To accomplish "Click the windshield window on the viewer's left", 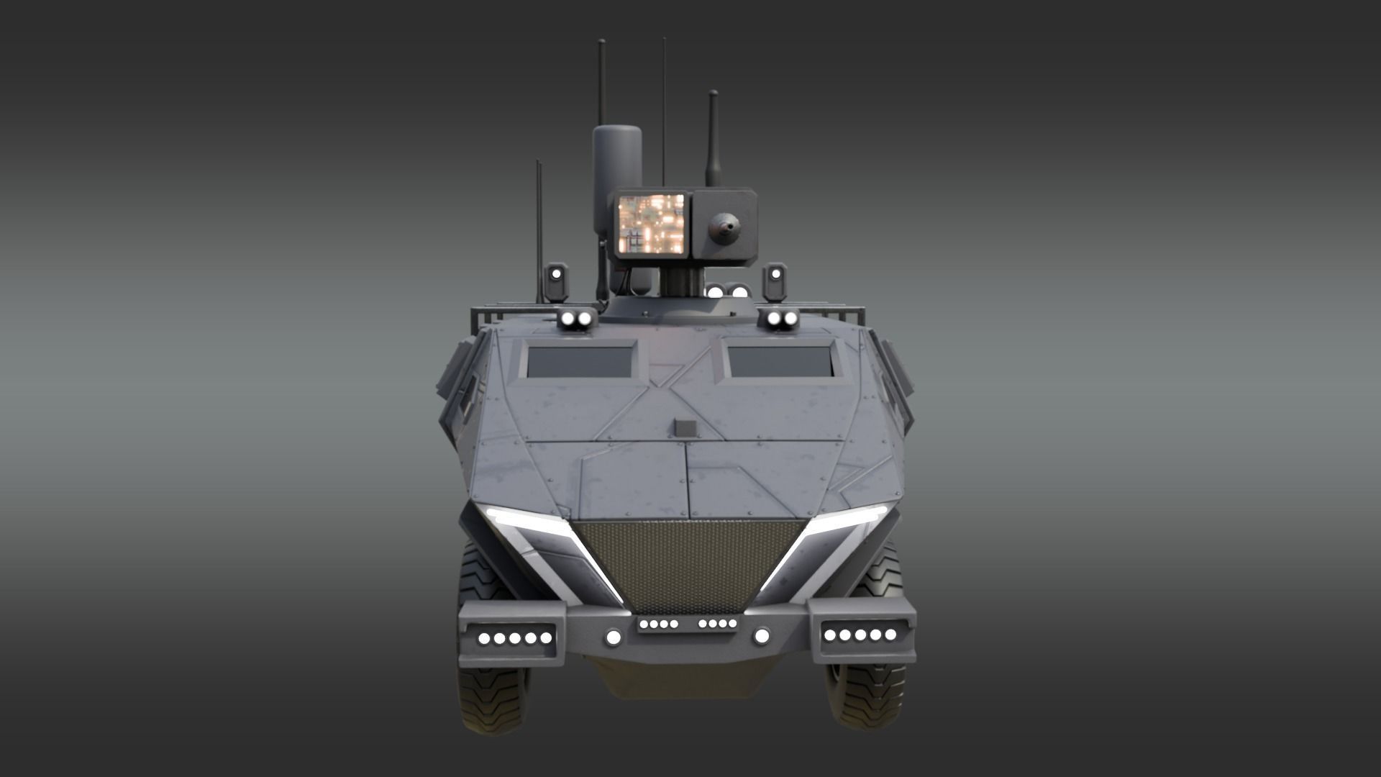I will point(581,361).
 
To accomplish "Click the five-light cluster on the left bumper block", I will point(515,638).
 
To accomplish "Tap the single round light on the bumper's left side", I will point(613,637).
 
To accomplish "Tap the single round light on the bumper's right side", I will point(762,635).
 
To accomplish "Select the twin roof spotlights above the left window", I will point(578,319).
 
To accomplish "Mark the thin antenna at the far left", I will point(538,230).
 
